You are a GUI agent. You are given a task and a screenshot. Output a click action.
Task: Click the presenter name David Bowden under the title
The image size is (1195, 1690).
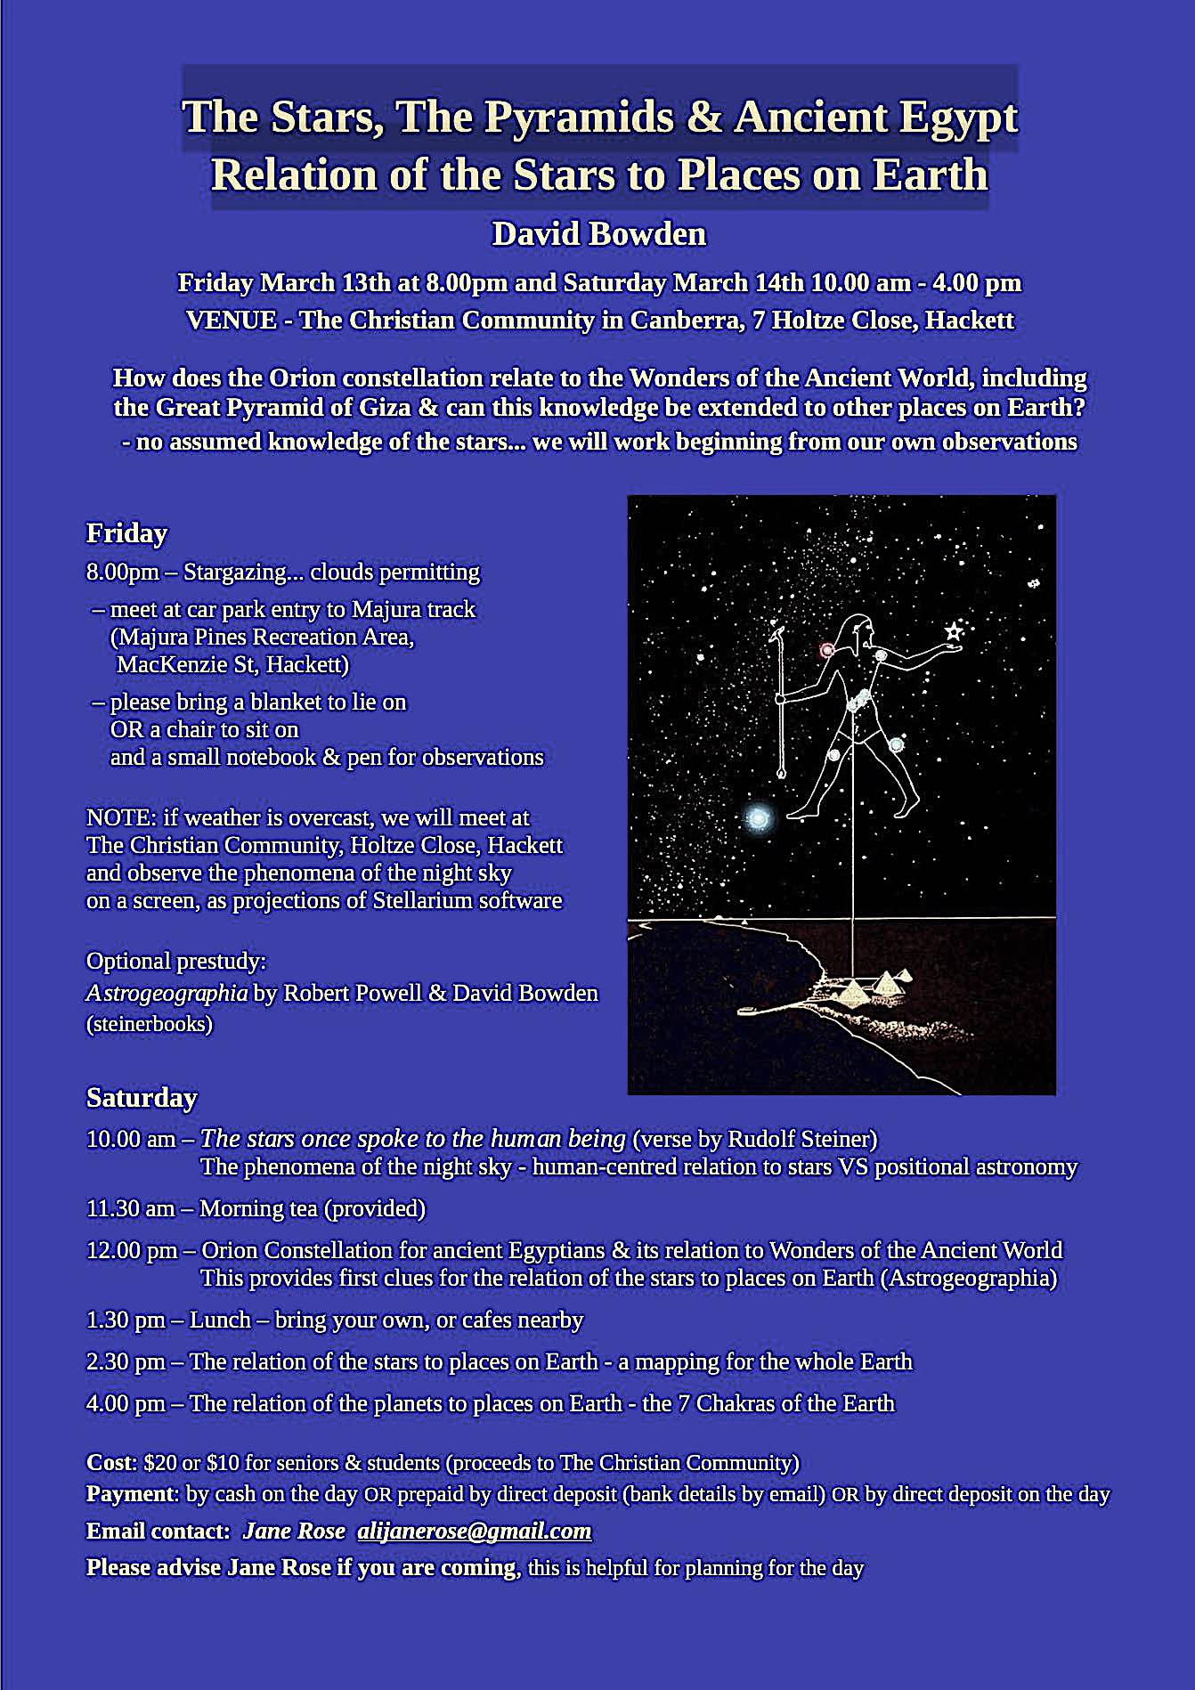click(598, 234)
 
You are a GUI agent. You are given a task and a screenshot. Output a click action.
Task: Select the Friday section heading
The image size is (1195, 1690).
click(126, 533)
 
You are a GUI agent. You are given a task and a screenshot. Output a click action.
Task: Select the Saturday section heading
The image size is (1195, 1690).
click(141, 1098)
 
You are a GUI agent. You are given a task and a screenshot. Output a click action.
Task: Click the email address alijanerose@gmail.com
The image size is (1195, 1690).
click(474, 1531)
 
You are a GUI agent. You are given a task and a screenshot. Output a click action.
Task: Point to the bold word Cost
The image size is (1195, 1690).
click(107, 1462)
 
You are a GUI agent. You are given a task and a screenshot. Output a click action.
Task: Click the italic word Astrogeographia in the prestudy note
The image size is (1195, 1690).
click(167, 993)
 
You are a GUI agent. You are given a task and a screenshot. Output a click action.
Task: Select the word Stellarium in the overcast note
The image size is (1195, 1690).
click(421, 900)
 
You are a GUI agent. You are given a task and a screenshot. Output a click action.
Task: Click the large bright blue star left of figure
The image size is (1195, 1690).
click(758, 816)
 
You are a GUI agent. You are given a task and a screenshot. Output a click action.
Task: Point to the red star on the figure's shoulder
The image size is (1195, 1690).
click(827, 650)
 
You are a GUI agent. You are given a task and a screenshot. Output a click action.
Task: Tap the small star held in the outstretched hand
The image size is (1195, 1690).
click(953, 632)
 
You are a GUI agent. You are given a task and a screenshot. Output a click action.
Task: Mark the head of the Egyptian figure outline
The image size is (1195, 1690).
click(860, 632)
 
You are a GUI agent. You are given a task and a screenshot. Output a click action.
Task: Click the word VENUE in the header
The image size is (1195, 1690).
click(232, 321)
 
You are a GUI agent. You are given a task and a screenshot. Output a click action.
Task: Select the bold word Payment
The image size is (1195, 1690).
click(132, 1493)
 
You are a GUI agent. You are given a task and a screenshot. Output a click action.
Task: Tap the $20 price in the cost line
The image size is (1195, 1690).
click(160, 1462)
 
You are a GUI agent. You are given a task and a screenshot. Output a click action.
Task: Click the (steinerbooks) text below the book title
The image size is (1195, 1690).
click(149, 1024)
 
